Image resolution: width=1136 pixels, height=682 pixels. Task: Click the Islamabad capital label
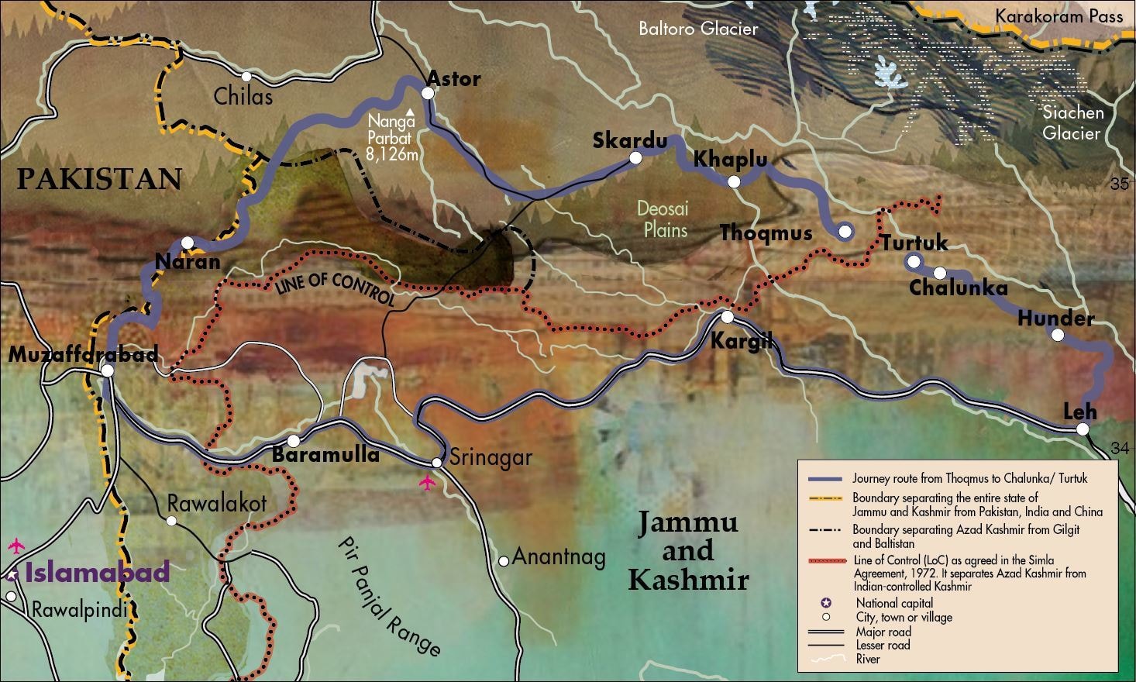[97, 573]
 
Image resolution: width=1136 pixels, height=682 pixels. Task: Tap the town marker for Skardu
[635, 157]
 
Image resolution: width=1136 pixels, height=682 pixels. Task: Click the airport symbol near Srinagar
[426, 483]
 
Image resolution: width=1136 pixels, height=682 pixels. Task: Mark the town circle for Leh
[1083, 429]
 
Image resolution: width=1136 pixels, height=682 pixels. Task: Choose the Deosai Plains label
[663, 219]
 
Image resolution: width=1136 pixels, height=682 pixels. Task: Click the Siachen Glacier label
[1072, 122]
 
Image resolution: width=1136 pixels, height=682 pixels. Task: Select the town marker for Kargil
[727, 317]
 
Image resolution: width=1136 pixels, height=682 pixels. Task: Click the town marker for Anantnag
[504, 560]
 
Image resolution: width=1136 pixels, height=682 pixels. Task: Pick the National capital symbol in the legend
[826, 603]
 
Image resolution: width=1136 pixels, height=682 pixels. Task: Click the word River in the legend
[867, 659]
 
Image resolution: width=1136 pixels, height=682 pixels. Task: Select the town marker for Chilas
[246, 77]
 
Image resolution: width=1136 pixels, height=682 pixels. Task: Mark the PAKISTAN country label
[99, 179]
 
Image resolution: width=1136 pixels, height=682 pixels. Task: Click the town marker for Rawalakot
[171, 520]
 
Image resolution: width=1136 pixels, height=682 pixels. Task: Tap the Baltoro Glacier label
[697, 29]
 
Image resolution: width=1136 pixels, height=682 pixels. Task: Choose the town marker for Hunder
[1057, 335]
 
